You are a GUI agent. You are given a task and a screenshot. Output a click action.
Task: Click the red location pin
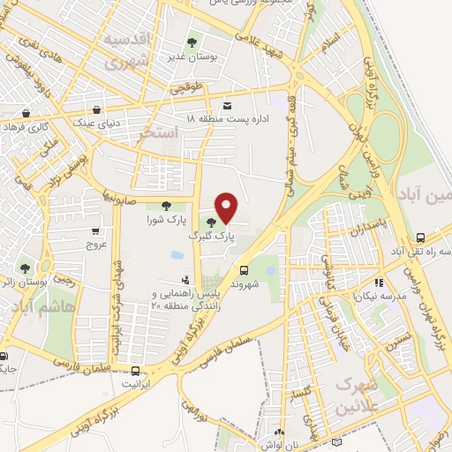[x=227, y=207]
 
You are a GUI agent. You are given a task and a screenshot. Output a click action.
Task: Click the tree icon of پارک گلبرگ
[x=210, y=222]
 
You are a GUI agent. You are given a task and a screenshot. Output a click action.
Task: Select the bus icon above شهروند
[x=245, y=271]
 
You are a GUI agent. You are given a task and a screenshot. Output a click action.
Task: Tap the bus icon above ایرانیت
[x=135, y=371]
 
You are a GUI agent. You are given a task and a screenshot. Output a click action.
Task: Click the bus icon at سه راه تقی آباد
[x=421, y=238]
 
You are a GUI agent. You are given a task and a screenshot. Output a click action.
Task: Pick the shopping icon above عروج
[x=94, y=230]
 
